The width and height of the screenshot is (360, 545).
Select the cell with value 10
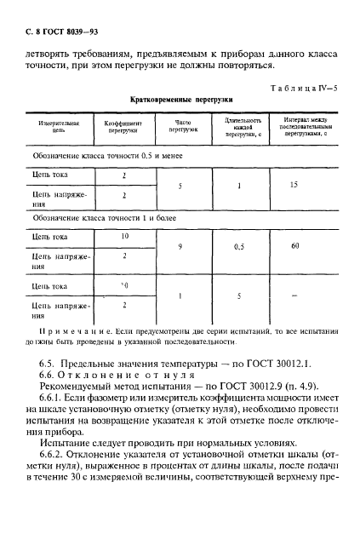(x=124, y=236)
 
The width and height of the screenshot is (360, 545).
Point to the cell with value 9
(x=181, y=246)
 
